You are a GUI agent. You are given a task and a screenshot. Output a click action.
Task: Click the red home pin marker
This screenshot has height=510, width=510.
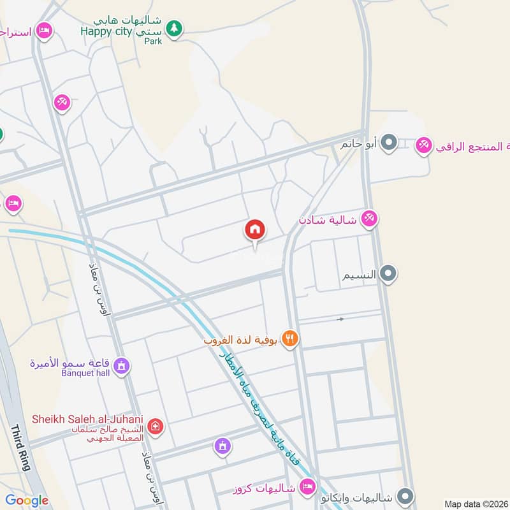click(x=255, y=229)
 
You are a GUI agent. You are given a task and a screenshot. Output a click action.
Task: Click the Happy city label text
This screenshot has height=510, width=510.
click(x=105, y=31)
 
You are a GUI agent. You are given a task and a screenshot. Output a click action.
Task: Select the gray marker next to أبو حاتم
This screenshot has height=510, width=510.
click(x=390, y=143)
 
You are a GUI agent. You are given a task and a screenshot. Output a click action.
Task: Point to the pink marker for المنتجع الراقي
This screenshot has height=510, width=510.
click(x=423, y=146)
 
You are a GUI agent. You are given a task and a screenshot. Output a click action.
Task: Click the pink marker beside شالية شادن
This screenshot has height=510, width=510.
click(x=368, y=219)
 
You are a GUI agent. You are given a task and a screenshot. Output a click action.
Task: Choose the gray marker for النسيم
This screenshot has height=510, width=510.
click(x=388, y=275)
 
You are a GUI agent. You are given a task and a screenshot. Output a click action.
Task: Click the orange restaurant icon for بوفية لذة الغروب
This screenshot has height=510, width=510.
click(x=290, y=340)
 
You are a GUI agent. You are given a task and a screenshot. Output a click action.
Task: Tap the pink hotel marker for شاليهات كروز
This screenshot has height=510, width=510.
click(x=307, y=487)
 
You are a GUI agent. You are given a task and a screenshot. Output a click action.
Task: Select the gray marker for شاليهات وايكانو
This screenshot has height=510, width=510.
click(x=405, y=496)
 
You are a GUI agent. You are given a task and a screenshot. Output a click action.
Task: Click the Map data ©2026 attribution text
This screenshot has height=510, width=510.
click(x=475, y=504)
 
